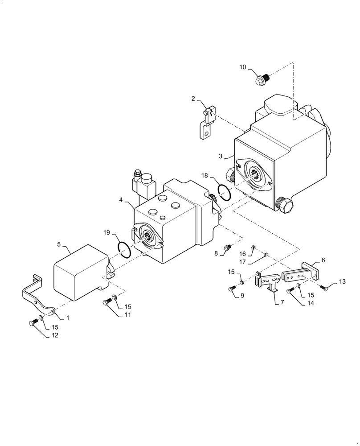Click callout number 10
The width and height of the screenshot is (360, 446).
pos(243,67)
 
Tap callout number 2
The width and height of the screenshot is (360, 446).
pos(193,99)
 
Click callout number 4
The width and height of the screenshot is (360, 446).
pos(121,200)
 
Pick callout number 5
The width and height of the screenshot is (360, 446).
pos(59,244)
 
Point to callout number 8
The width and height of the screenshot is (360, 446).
pos(216,253)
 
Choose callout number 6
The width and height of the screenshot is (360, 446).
pos(323,260)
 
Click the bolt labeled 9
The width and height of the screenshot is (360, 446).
pos(231,289)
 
